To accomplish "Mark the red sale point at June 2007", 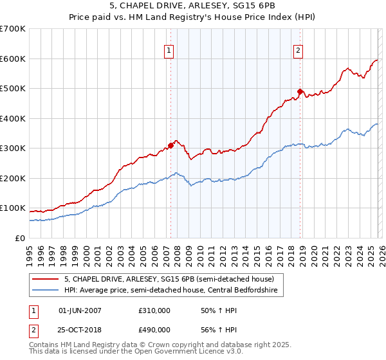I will click(x=171, y=145).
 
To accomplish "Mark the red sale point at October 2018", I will click(x=300, y=91).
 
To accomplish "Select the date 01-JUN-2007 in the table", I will click(x=80, y=310).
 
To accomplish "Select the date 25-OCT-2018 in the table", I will click(x=80, y=329).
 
